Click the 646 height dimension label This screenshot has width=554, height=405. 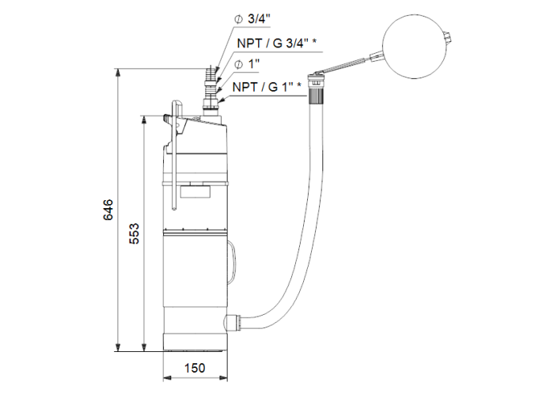[x=108, y=210]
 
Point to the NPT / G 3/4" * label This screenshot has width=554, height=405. [x=277, y=44]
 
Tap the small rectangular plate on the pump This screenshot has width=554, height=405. [x=195, y=189]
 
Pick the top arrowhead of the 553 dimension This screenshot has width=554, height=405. [x=144, y=119]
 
